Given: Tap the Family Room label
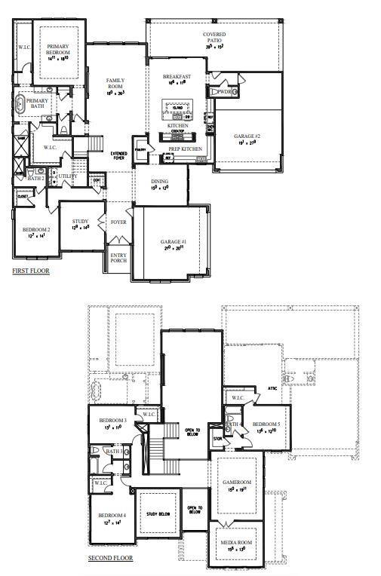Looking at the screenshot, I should pyautogui.click(x=115, y=84).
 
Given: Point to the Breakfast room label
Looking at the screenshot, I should pyautogui.click(x=177, y=77).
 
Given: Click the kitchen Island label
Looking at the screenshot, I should pyautogui.click(x=178, y=108).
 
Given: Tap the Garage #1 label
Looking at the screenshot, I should pyautogui.click(x=171, y=243).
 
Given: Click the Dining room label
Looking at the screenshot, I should pyautogui.click(x=159, y=182).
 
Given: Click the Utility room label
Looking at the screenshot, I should pyautogui.click(x=67, y=176).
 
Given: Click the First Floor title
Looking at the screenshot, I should pyautogui.click(x=31, y=269).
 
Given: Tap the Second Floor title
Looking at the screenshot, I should pyautogui.click(x=110, y=558).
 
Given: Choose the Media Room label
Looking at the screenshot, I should pyautogui.click(x=236, y=542).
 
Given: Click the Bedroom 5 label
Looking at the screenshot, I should pyautogui.click(x=266, y=424).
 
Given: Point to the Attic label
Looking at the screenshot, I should pyautogui.click(x=272, y=389).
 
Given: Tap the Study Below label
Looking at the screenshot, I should pyautogui.click(x=157, y=513).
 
